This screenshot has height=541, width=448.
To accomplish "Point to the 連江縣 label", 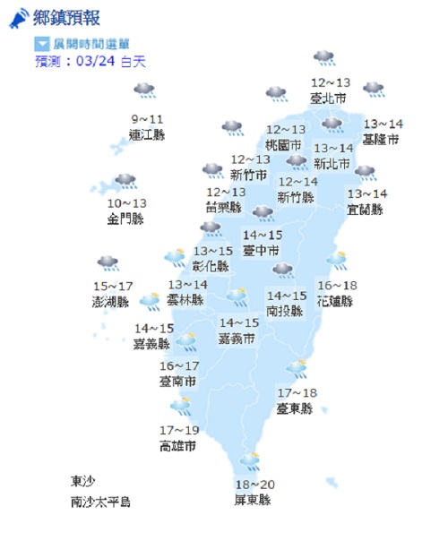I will pos(147,135).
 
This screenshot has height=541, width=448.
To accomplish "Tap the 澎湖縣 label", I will pos(110,302).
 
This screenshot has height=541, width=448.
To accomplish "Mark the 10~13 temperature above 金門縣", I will pos(125,203).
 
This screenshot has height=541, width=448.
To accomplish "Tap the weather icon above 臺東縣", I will pos(297,367).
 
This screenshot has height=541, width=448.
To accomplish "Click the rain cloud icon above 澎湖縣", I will pos(109,263).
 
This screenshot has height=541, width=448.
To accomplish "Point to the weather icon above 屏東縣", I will pos(250,461).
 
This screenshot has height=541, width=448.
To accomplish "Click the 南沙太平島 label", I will pos(101,502).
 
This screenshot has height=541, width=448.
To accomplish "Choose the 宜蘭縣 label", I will pos(365,210).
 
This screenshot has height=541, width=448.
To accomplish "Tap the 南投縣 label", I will pos(284,310).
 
